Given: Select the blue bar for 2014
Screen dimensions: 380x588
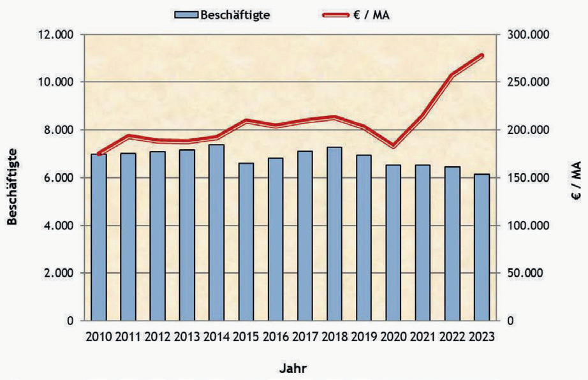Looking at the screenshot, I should click(x=216, y=233).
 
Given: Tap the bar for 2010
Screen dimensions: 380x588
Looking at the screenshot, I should click(x=98, y=237).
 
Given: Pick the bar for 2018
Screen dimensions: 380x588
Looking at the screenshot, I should click(x=334, y=234).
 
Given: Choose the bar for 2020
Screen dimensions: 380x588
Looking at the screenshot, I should click(x=393, y=242).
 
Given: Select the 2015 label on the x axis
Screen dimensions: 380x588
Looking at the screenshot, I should click(x=246, y=337).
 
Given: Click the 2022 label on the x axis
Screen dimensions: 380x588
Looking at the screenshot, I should click(x=452, y=337).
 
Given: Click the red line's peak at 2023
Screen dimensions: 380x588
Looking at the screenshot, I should click(x=481, y=56).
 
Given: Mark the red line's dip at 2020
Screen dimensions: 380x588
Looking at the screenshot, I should click(x=393, y=146).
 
